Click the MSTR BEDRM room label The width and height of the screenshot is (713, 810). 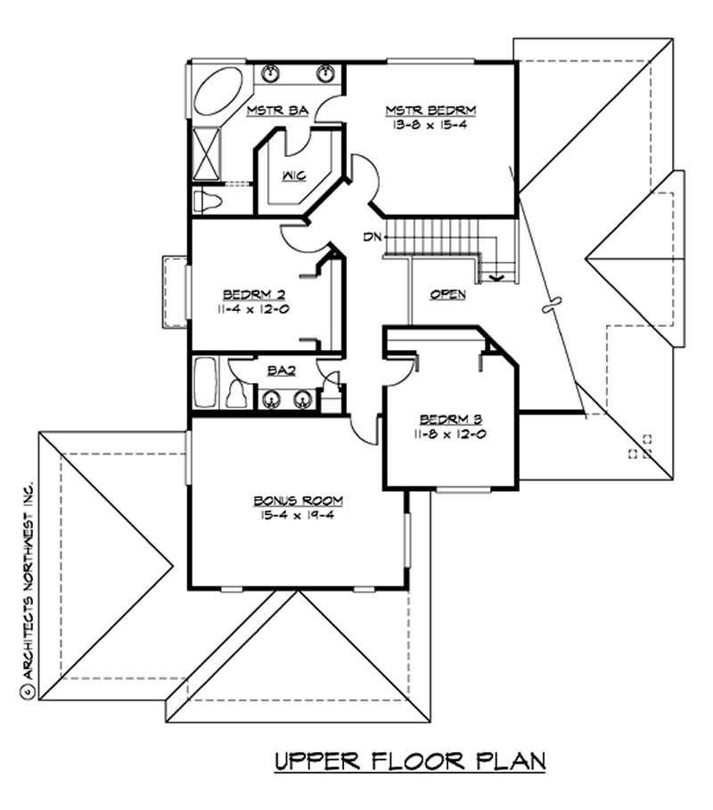coord(430,110)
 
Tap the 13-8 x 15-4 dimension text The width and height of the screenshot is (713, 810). coord(430,126)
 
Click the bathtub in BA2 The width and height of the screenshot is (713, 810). coord(204,383)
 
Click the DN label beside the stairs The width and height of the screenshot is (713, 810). coord(373,237)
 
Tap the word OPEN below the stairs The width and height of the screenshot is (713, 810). coord(447,294)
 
